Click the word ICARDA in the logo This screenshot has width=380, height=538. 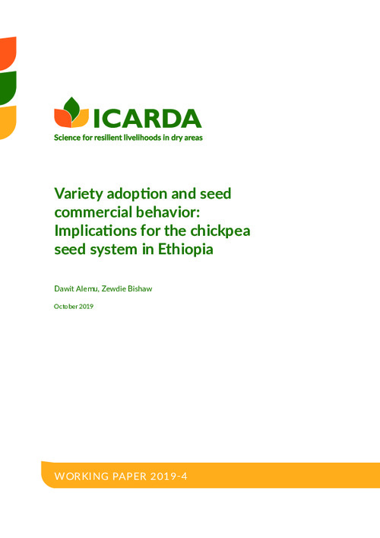pyautogui.click(x=147, y=119)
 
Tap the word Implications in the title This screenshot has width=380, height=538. pyautogui.click(x=94, y=231)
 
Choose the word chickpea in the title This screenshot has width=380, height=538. pyautogui.click(x=220, y=231)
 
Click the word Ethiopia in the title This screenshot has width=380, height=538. pyautogui.click(x=185, y=250)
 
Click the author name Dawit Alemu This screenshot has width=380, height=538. pyautogui.click(x=77, y=288)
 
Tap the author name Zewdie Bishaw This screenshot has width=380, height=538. pyautogui.click(x=127, y=288)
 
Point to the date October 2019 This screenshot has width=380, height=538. pyautogui.click(x=74, y=307)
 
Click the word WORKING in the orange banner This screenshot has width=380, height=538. pyautogui.click(x=81, y=476)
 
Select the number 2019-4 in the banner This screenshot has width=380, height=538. pyautogui.click(x=169, y=476)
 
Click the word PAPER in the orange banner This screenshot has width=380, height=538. pyautogui.click(x=129, y=476)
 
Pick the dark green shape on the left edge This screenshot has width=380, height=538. pyautogui.click(x=8, y=88)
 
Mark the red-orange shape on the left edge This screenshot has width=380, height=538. pyautogui.click(x=8, y=53)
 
